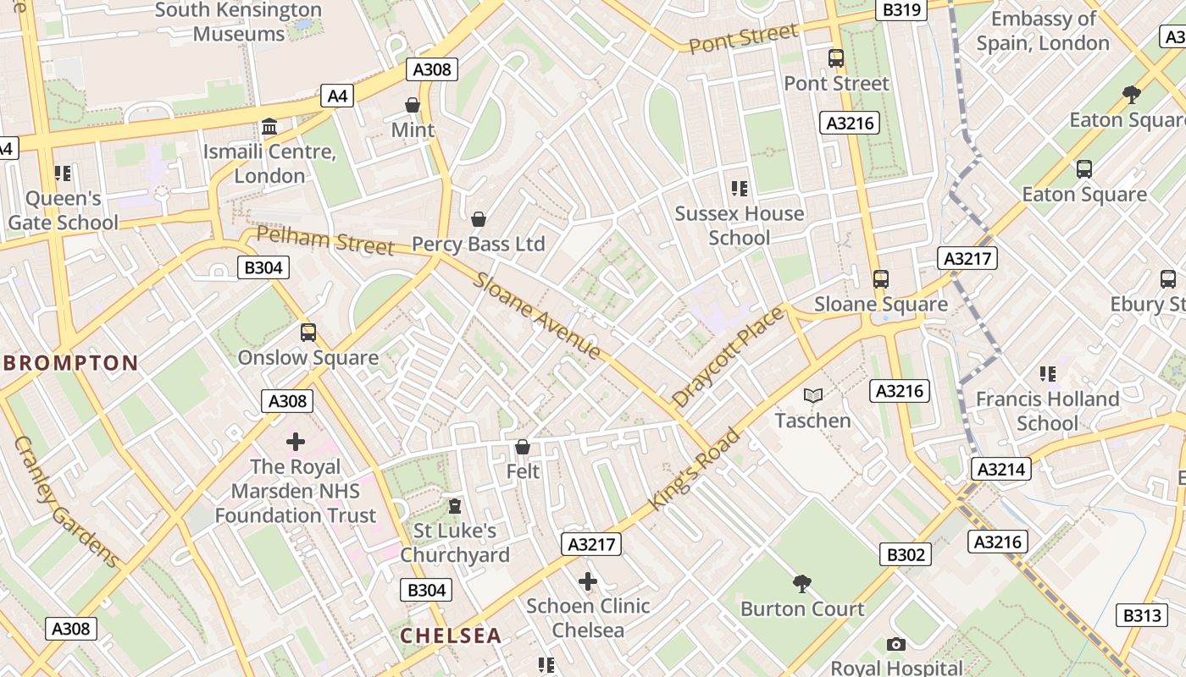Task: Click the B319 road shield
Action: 901,9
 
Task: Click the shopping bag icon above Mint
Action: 413,105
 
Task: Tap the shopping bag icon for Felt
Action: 523,447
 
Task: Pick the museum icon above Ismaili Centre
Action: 269,127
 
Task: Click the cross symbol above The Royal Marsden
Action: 295,442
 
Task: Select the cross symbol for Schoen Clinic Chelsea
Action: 588,581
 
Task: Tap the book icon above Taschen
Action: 813,395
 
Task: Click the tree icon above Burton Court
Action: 801,583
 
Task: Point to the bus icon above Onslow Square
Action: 308,333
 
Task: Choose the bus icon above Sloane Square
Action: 881,279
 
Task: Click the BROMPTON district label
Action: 71,364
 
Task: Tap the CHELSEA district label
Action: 451,636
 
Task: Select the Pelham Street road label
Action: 325,240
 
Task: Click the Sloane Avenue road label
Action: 537,316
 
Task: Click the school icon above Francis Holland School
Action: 1048,373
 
